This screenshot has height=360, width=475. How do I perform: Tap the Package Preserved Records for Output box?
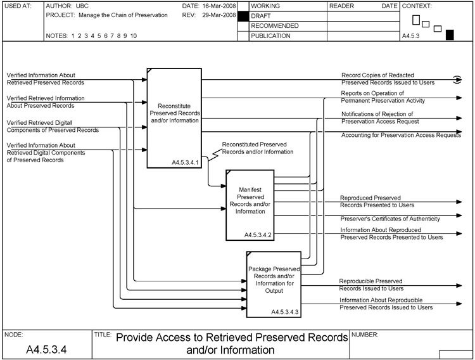coord(273,283)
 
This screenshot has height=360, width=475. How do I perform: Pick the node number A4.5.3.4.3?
coord(285,312)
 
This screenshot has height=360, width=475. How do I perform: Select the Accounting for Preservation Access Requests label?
coord(401,135)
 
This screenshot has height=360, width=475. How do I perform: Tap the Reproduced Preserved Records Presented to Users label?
coord(377,202)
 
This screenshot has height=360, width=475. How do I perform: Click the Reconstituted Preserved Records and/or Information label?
coord(258,148)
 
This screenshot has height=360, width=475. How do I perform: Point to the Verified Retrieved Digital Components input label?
coord(53,126)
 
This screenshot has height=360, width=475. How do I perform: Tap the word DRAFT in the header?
coord(262,16)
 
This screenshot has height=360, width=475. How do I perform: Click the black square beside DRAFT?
coord(242,16)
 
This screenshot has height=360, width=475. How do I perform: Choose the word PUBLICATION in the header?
coord(271,36)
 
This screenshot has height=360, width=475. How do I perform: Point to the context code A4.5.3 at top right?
coord(412,37)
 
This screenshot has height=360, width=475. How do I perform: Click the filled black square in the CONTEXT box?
coord(450,35)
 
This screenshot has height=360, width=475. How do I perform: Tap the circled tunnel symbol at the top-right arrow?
coord(457,79)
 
